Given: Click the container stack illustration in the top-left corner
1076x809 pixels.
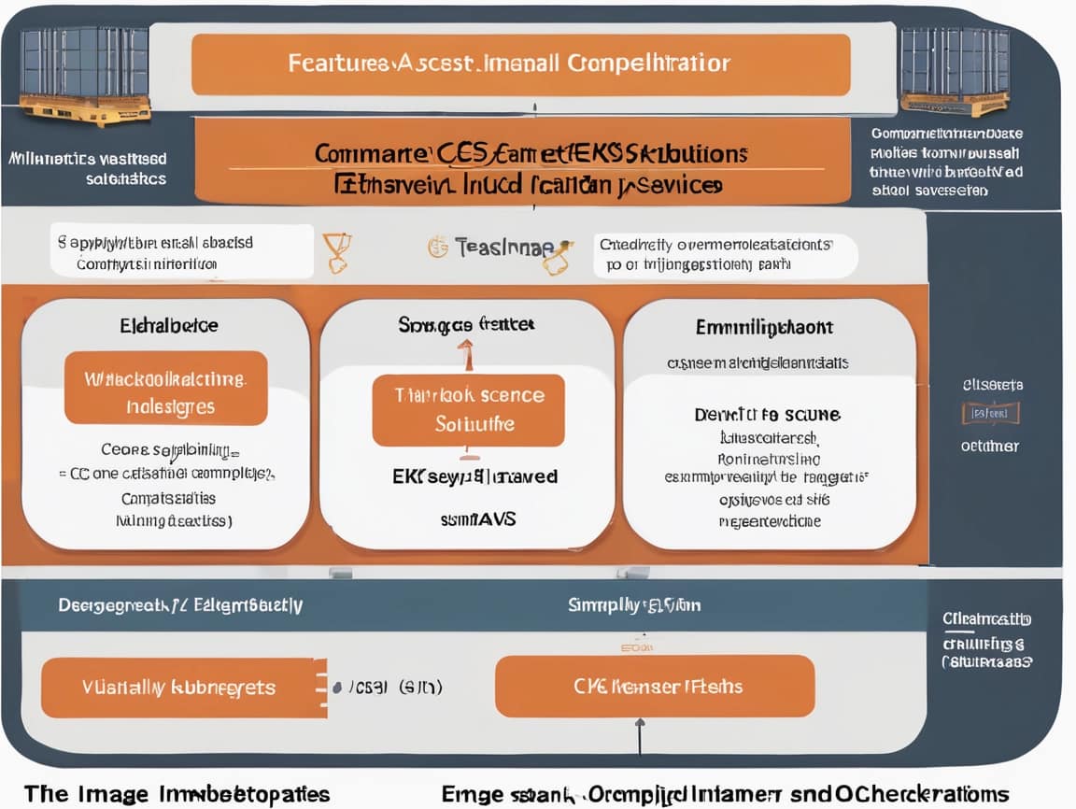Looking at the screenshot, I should tap(84, 75).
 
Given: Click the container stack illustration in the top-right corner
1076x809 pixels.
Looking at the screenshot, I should tap(956, 70).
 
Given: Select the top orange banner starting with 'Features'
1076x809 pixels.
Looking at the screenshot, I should tap(520, 64).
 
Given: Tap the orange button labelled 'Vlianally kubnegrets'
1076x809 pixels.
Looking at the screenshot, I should tap(178, 688).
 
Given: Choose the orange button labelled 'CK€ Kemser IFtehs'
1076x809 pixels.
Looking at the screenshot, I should tap(654, 687).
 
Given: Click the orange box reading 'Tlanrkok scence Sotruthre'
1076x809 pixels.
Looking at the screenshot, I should tap(468, 410).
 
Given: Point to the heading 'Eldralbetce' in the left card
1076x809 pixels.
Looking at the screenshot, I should tap(169, 326).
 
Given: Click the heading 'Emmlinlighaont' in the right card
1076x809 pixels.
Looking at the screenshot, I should tap(764, 327).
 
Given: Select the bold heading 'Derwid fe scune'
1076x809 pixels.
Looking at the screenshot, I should tap(766, 414).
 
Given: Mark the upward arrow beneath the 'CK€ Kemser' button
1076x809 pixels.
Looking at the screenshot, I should tap(640, 733).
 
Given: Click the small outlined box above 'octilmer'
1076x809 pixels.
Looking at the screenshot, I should tap(990, 413).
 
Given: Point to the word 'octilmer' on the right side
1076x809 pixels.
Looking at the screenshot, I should tap(990, 446).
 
